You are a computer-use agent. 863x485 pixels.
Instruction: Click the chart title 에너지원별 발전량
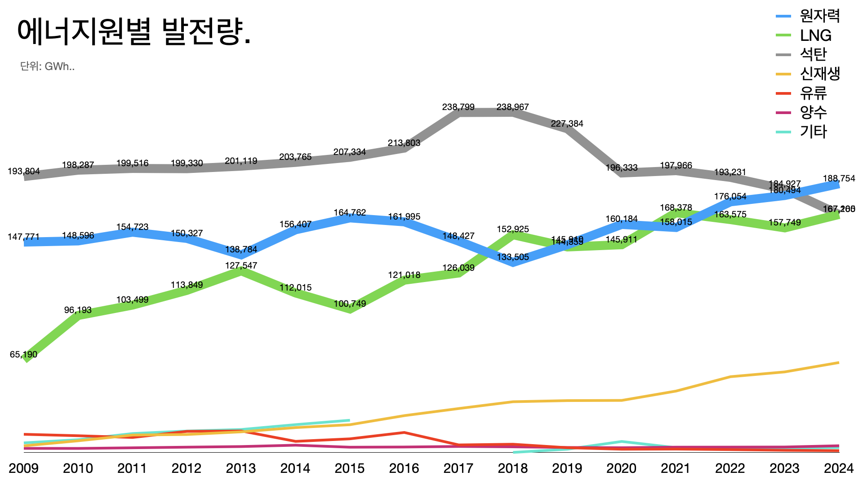pyautogui.click(x=133, y=32)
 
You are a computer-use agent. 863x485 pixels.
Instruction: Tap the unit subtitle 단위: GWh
pyautogui.click(x=47, y=66)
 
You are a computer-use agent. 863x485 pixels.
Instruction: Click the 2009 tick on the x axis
pyautogui.click(x=23, y=468)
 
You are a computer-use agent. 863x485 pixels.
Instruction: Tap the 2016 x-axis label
pyautogui.click(x=404, y=468)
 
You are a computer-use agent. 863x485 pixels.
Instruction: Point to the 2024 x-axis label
pyautogui.click(x=838, y=468)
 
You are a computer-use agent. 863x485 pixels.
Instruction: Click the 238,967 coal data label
pyautogui.click(x=512, y=107)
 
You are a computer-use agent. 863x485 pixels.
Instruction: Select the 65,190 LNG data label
pyautogui.click(x=23, y=354)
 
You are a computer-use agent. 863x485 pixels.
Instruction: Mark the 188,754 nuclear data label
pyautogui.click(x=839, y=178)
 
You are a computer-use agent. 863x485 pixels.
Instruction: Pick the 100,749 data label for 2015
pyautogui.click(x=350, y=304)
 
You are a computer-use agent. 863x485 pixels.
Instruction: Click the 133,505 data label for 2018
pyautogui.click(x=512, y=257)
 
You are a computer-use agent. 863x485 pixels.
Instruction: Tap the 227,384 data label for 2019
pyautogui.click(x=567, y=123)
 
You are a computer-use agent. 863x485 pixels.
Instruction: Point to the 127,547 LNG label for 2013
pyautogui.click(x=241, y=265)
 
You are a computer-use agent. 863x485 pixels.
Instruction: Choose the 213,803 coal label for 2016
pyautogui.click(x=404, y=143)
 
